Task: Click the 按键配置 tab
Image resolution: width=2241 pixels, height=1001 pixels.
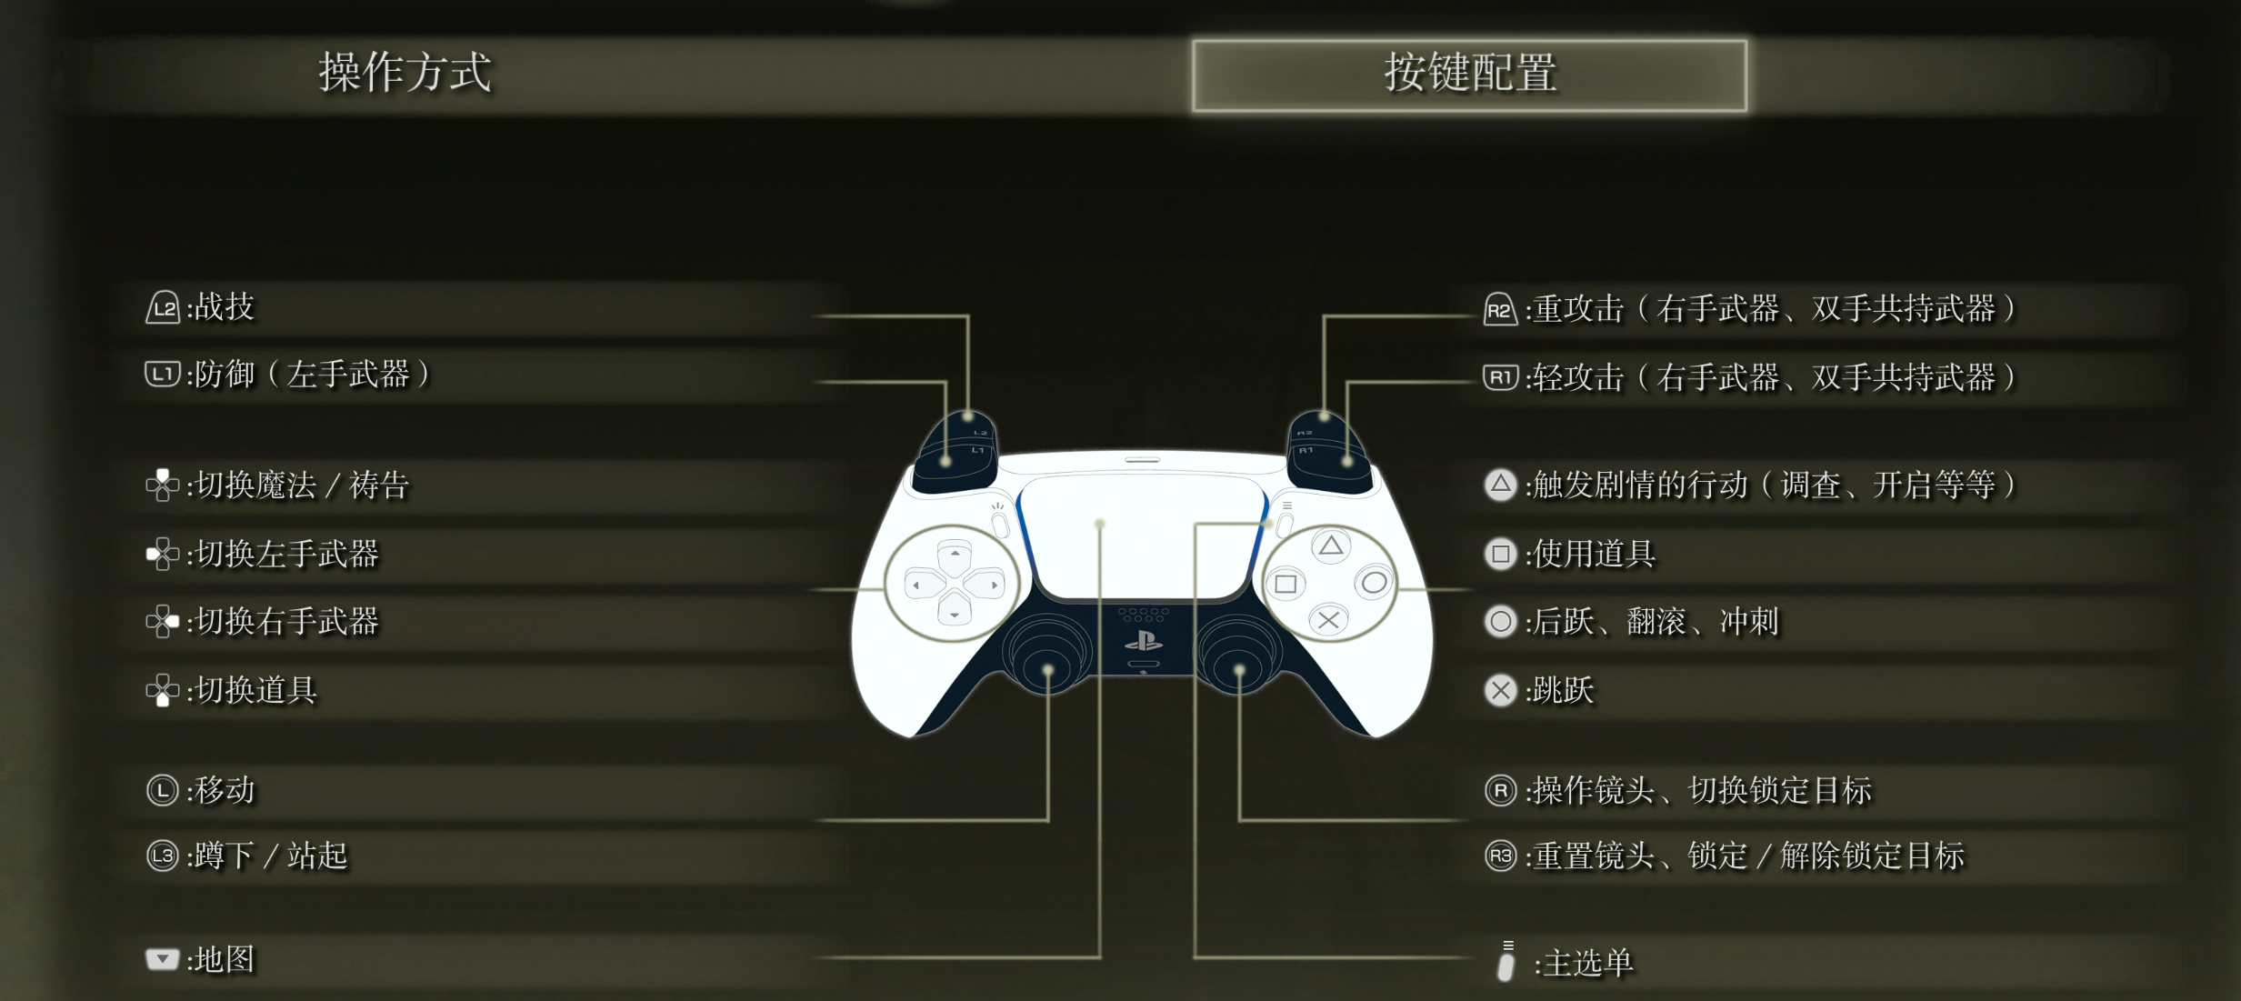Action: point(1469,75)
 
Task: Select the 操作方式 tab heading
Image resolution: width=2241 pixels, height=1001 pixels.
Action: point(405,73)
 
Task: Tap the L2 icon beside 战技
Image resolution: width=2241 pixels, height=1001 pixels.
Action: point(163,307)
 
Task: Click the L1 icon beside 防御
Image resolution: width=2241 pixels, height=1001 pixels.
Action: point(163,374)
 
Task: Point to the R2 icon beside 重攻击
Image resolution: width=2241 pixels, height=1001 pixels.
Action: point(1499,309)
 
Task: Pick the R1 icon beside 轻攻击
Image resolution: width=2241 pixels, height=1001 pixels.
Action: point(1499,376)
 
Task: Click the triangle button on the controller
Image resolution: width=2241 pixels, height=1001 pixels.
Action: point(1330,546)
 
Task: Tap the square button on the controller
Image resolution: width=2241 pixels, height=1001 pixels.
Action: point(1286,584)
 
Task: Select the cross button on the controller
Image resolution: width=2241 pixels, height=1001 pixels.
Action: point(1328,621)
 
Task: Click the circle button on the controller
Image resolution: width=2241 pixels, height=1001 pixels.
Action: point(1374,583)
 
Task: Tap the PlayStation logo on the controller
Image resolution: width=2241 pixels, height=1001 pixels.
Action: point(1143,642)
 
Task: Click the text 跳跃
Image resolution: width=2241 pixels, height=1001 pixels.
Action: point(1564,690)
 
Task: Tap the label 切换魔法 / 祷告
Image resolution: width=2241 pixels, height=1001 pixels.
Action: point(303,485)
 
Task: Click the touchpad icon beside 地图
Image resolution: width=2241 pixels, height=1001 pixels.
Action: point(162,959)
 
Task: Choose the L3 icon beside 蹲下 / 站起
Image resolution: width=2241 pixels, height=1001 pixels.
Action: point(163,856)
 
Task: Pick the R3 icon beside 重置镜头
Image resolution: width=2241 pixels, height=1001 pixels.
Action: point(1500,856)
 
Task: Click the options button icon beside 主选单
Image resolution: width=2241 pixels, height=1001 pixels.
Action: point(1506,962)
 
